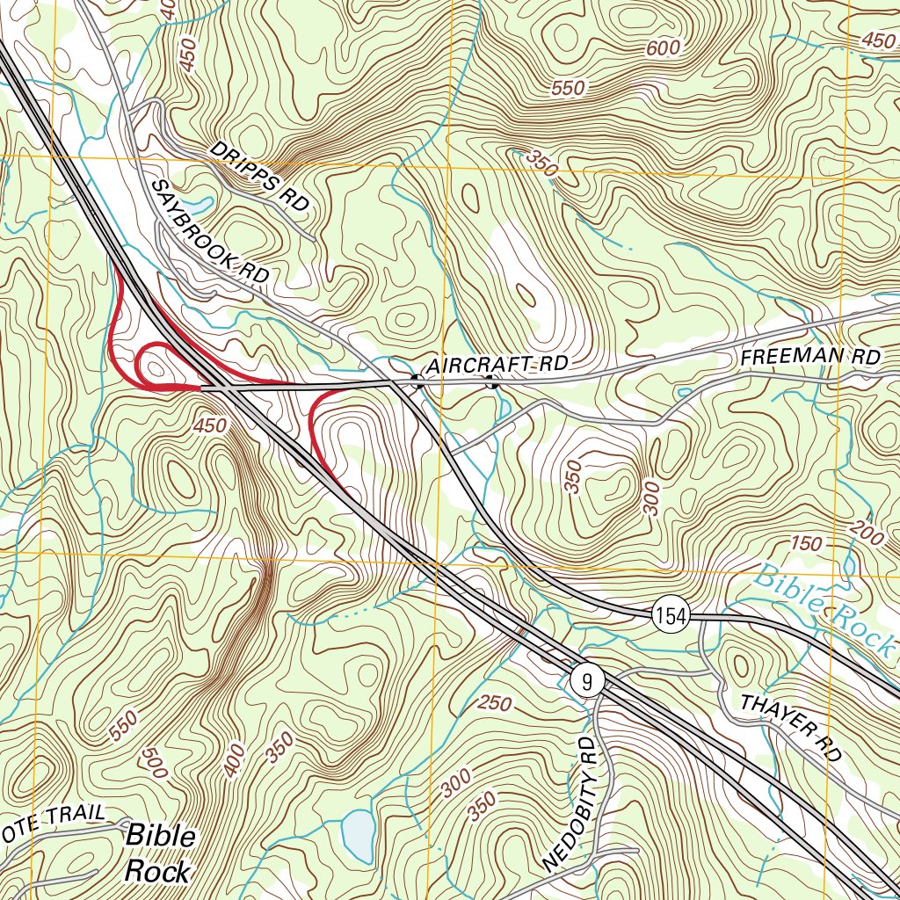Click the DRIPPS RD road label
click(x=260, y=177)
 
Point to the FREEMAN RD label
click(x=809, y=358)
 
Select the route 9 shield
click(x=586, y=679)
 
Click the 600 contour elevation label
click(x=664, y=48)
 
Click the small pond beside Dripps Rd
click(x=197, y=206)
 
